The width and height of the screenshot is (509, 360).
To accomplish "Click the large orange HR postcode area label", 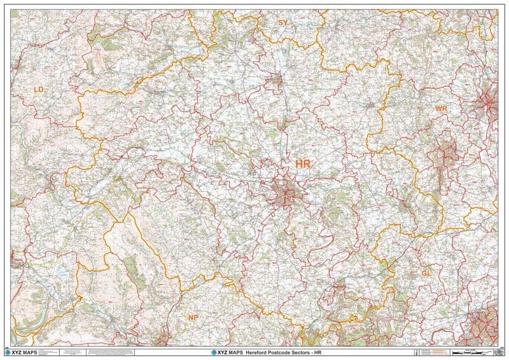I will click(x=303, y=164).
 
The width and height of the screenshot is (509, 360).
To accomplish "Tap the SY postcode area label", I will click(x=283, y=22).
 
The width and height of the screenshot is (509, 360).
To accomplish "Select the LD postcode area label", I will click(x=39, y=90).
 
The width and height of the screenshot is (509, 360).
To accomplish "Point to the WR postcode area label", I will click(x=442, y=109).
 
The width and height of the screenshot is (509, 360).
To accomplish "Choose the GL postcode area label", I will click(x=426, y=273).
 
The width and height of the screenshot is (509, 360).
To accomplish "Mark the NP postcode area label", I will click(x=193, y=317).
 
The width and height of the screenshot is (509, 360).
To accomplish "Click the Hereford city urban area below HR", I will click(x=287, y=190).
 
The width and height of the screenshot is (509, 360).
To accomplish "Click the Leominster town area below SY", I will click(x=275, y=80).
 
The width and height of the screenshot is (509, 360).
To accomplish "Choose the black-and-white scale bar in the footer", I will click(x=474, y=350).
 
